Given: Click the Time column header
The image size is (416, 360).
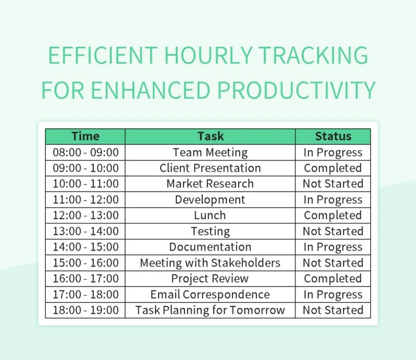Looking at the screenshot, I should pyautogui.click(x=85, y=137).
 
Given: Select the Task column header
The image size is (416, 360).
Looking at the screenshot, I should pyautogui.click(x=210, y=137).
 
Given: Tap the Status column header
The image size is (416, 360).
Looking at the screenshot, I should pyautogui.click(x=333, y=137).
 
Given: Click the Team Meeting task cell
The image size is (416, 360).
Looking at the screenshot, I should pyautogui.click(x=210, y=152).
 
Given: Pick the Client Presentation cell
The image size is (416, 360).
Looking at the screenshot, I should pyautogui.click(x=210, y=168).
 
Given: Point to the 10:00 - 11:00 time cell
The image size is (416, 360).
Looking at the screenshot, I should pyautogui.click(x=85, y=184).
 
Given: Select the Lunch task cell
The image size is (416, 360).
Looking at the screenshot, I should pyautogui.click(x=210, y=215).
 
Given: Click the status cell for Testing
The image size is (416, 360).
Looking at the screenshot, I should pyautogui.click(x=333, y=231).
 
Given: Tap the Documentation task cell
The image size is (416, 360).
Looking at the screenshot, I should pyautogui.click(x=210, y=247).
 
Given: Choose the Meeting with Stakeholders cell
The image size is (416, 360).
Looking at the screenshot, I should pyautogui.click(x=210, y=263).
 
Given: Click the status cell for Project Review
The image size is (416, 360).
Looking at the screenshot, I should pyautogui.click(x=333, y=278).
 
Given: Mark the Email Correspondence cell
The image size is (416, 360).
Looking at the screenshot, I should pyautogui.click(x=210, y=295).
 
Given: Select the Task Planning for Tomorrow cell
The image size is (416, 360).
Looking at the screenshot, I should pyautogui.click(x=210, y=310).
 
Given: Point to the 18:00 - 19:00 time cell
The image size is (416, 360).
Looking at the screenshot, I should pyautogui.click(x=85, y=310).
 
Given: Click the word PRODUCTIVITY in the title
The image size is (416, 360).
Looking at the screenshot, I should pyautogui.click(x=296, y=90).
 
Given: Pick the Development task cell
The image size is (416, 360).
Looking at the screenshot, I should pyautogui.click(x=210, y=199).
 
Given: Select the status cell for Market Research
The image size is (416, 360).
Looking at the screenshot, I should pyautogui.click(x=333, y=184).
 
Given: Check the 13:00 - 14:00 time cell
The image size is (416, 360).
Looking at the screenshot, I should pyautogui.click(x=85, y=231).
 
